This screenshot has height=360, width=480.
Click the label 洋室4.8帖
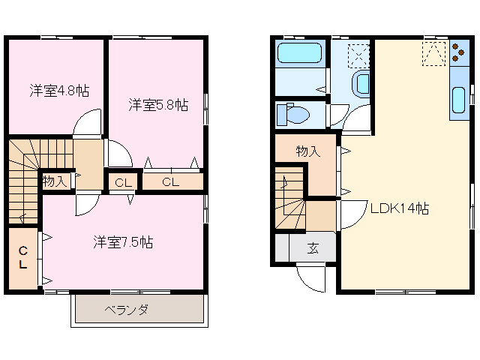point(59,91)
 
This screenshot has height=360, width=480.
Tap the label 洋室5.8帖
point(157,106)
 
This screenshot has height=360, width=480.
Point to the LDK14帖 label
point(400,209)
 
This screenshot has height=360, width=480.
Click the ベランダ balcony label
point(126,310)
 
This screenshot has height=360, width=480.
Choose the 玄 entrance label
point(312,248)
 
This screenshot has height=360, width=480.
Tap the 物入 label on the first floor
point(307,151)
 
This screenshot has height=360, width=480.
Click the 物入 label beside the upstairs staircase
point(55,181)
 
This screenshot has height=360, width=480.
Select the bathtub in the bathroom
point(298,53)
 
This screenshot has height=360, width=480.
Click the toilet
point(292,115)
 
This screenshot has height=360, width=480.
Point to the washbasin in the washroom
point(361,83)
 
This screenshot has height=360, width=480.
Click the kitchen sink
point(458,101)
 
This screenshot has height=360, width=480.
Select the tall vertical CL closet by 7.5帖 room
point(22,257)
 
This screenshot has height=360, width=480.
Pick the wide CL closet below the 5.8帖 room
point(171,181)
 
